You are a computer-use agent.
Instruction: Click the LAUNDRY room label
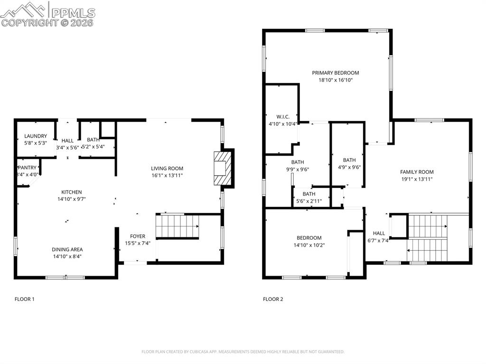(x=36, y=136)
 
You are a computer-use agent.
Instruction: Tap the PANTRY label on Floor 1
(x=27, y=168)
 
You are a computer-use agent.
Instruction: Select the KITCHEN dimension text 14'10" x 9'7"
(x=72, y=199)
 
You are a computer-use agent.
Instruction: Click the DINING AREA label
(x=67, y=250)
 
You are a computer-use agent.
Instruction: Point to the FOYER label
(x=138, y=236)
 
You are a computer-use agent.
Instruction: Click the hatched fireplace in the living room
(x=222, y=169)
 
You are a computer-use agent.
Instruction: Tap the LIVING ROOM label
(x=167, y=168)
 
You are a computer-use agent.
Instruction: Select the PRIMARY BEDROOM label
(x=336, y=73)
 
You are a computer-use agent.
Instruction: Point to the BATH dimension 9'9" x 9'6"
(x=298, y=169)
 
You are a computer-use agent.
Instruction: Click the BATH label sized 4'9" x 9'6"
(x=349, y=160)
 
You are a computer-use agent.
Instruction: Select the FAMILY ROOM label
(x=417, y=172)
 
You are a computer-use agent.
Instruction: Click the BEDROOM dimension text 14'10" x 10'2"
(x=309, y=245)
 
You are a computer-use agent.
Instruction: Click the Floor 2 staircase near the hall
(x=427, y=237)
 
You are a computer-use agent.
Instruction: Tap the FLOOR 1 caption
(x=25, y=299)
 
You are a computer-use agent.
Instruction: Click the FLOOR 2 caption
(x=273, y=299)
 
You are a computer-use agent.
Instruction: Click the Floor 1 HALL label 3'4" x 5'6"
(x=67, y=140)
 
